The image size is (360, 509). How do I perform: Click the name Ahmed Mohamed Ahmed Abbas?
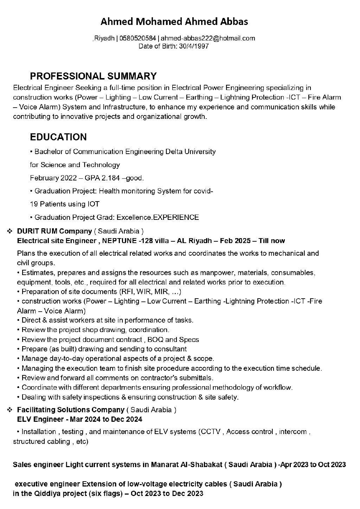[x=174, y=22]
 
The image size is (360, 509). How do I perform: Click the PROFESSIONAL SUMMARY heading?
[x=93, y=76]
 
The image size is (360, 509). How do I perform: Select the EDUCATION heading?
[x=58, y=137]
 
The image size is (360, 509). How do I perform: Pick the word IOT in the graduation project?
[x=93, y=204]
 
